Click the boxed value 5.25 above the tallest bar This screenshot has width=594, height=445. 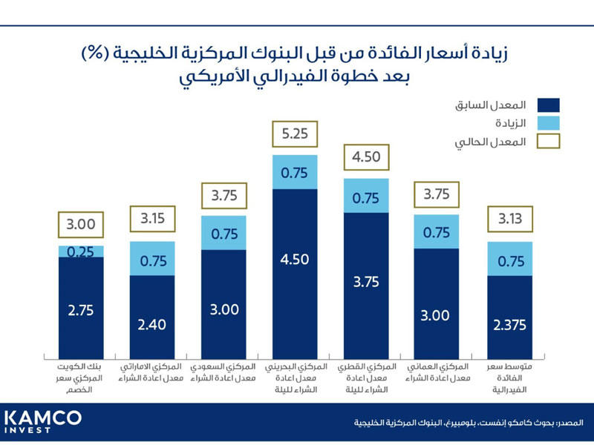pos(295,136)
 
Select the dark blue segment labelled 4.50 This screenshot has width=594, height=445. pos(295,260)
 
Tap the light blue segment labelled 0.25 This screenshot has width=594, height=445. pos(81,251)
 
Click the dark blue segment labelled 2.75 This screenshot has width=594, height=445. pos(81,311)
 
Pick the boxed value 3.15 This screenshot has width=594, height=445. pos(152,220)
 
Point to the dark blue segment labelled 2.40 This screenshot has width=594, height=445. pos(152,323)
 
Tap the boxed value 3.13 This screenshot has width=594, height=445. pos(510,220)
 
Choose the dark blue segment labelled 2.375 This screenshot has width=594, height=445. pos(510,323)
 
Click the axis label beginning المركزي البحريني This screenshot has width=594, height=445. pos(295,379)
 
